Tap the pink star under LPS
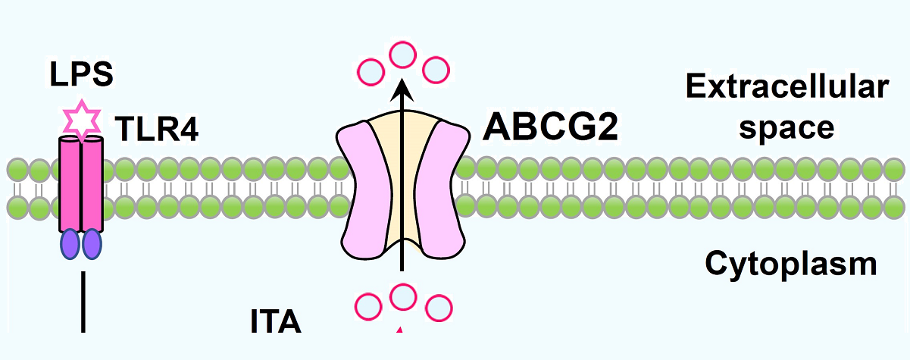tap(79, 121)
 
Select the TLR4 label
tap(157, 129)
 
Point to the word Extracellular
tap(786, 88)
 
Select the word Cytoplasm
tap(791, 265)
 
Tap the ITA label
tap(276, 322)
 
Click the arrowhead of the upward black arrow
tap(402, 89)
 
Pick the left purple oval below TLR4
tap(70, 244)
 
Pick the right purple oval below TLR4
tap(92, 244)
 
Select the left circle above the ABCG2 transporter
tap(370, 72)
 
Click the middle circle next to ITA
tap(402, 296)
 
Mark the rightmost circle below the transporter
tap(438, 308)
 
